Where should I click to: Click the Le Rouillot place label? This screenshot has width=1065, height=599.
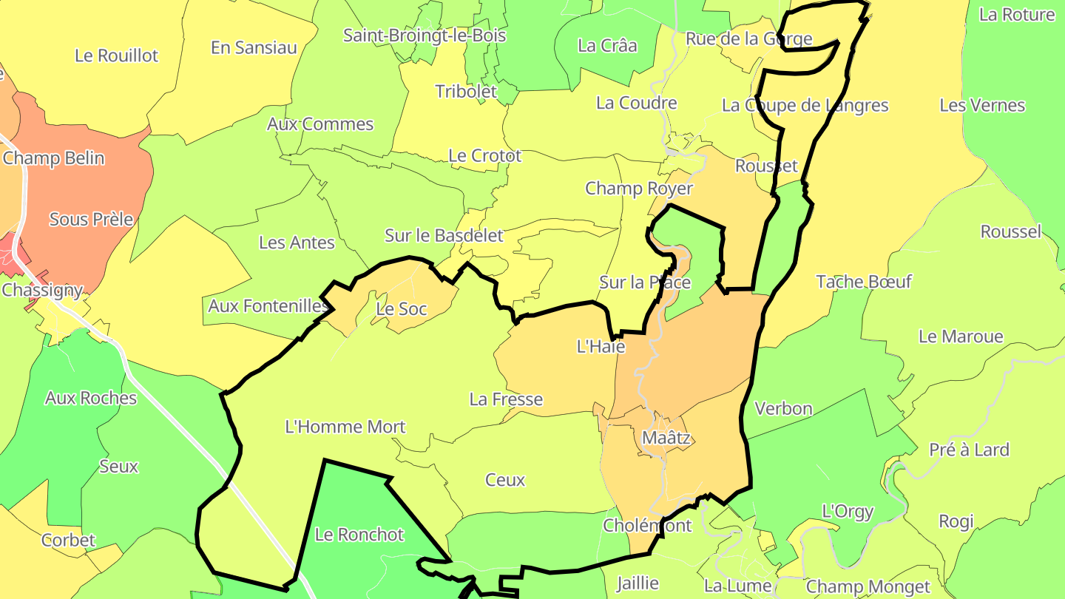[117, 55]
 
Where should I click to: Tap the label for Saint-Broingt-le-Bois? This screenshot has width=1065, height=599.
[425, 35]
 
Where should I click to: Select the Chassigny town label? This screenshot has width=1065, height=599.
[42, 290]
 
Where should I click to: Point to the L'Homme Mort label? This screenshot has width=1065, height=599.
[345, 427]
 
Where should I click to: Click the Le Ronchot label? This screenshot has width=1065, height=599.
[359, 534]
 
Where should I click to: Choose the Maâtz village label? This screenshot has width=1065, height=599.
[666, 438]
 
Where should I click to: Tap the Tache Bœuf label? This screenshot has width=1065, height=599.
[864, 281]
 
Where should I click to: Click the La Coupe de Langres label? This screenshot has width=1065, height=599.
[805, 105]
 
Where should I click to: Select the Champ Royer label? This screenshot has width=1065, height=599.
[639, 188]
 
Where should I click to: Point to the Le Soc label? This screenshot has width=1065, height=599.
[402, 308]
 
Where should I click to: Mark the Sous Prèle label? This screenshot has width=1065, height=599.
[91, 219]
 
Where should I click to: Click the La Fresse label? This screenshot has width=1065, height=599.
[506, 399]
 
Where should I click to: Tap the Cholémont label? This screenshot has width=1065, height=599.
[647, 525]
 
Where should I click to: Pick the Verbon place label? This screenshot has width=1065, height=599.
[783, 408]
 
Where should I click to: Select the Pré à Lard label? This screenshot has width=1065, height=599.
[969, 450]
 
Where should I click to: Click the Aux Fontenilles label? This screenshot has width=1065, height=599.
[268, 305]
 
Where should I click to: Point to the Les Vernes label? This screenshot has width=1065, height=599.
[982, 105]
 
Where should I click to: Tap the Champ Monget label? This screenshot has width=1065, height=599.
[868, 587]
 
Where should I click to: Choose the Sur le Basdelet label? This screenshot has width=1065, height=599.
[444, 235]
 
